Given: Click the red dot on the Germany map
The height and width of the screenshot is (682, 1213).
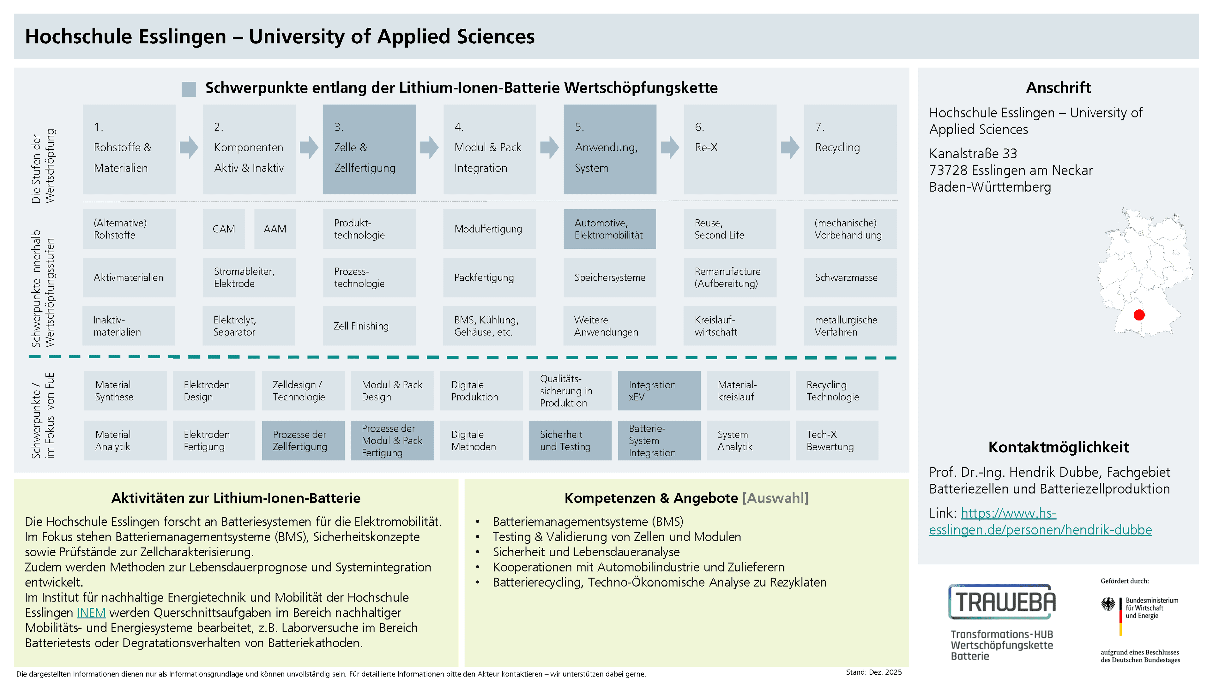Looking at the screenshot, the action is [1139, 314].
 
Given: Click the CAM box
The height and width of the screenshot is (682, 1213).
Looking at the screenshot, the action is [224, 229].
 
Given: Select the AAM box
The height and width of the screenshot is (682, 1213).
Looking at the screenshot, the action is [275, 229].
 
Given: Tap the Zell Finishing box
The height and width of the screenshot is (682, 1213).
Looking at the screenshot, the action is [369, 326].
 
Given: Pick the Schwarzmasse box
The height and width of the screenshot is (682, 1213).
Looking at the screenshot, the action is [850, 277].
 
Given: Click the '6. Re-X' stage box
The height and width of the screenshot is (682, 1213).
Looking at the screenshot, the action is [730, 149].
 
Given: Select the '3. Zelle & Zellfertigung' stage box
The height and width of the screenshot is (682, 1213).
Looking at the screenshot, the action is [369, 149].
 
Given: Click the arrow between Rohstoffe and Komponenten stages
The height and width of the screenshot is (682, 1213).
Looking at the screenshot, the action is [189, 147].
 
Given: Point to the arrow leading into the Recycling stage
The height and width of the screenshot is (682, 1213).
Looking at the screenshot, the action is [790, 147].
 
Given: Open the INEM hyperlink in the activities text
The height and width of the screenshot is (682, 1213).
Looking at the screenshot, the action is [91, 612].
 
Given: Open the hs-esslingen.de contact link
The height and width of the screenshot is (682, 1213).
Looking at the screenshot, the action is [1040, 522].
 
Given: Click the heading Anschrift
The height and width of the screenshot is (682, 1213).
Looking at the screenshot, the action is [1058, 87].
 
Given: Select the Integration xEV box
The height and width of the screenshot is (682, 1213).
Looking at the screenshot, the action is [659, 391].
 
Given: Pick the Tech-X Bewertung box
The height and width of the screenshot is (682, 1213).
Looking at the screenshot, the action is [837, 440].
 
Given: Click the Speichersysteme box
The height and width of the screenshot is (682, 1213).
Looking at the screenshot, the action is [610, 277].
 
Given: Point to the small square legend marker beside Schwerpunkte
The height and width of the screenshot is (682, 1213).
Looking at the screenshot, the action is [189, 89].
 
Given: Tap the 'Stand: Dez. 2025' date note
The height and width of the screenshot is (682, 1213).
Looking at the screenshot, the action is [873, 672].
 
